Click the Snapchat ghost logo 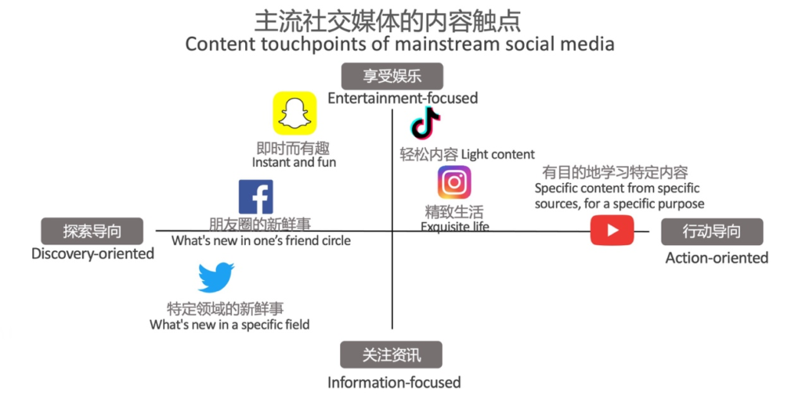click(294, 113)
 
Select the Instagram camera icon click(454, 182)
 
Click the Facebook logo click(256, 196)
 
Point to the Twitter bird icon click(216, 278)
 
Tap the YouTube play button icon click(612, 231)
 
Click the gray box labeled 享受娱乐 click(392, 76)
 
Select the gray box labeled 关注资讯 click(392, 354)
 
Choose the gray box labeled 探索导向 click(92, 232)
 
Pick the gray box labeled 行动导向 click(712, 232)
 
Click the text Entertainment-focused click(403, 98)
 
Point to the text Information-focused click(395, 382)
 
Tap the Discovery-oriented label click(93, 253)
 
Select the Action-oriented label click(717, 258)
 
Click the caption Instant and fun click(294, 163)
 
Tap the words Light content click(498, 154)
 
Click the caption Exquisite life click(455, 226)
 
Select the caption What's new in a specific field click(229, 325)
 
